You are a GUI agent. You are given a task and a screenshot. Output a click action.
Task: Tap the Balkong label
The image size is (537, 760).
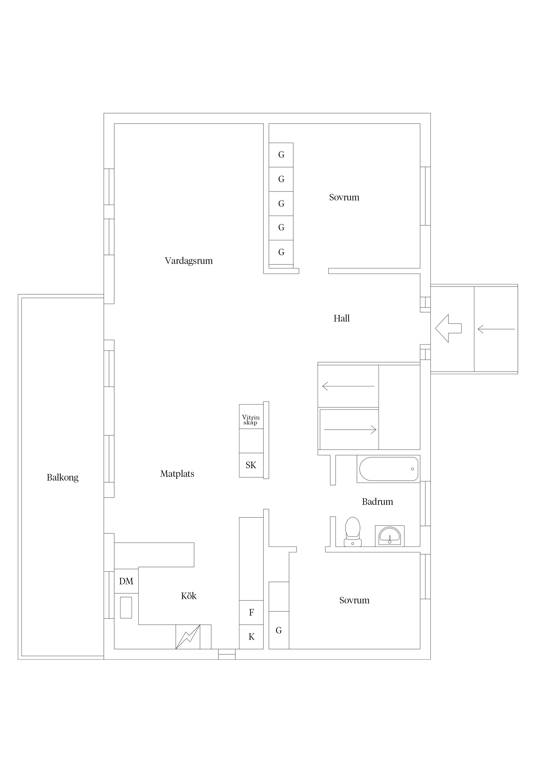coord(63,477)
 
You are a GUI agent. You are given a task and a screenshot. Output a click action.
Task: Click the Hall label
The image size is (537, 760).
coord(341,318)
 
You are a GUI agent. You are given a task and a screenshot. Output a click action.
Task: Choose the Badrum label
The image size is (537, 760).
coord(377,502)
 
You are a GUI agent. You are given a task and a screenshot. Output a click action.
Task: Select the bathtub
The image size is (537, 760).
coord(388,469)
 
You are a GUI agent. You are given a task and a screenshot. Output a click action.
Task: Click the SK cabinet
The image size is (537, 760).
coord(251,465)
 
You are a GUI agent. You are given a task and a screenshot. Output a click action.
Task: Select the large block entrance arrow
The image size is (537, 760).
coord(448,328)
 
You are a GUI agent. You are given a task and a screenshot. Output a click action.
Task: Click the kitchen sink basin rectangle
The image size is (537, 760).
coord(126,607)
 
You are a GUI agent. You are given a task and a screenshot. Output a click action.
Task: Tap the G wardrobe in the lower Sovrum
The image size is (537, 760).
coord(279,630)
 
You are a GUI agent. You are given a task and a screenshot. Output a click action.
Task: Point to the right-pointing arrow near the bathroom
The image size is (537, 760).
coord(350,430)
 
